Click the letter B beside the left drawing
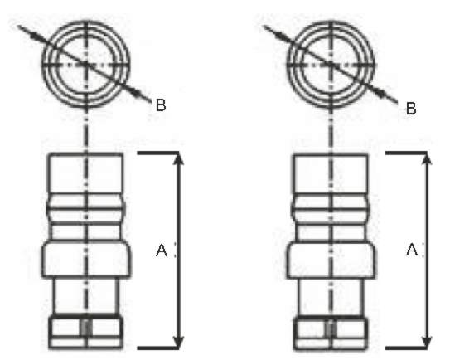point(161,105)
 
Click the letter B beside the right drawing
point(411,109)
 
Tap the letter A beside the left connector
point(162,250)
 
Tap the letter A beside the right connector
point(412,250)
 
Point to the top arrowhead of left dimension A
point(179,159)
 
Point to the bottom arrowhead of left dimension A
point(179,342)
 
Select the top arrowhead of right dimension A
point(428,159)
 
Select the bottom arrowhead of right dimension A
point(428,342)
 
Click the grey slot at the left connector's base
point(86,328)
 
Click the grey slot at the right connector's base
point(331,328)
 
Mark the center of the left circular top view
point(86,65)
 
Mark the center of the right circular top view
point(331,65)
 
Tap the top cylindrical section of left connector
point(86,174)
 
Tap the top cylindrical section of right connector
point(331,174)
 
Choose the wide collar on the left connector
point(86,260)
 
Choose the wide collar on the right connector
point(331,260)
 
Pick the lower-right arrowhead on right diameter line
point(380,92)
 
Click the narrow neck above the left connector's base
point(86,296)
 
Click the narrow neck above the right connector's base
point(331,296)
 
